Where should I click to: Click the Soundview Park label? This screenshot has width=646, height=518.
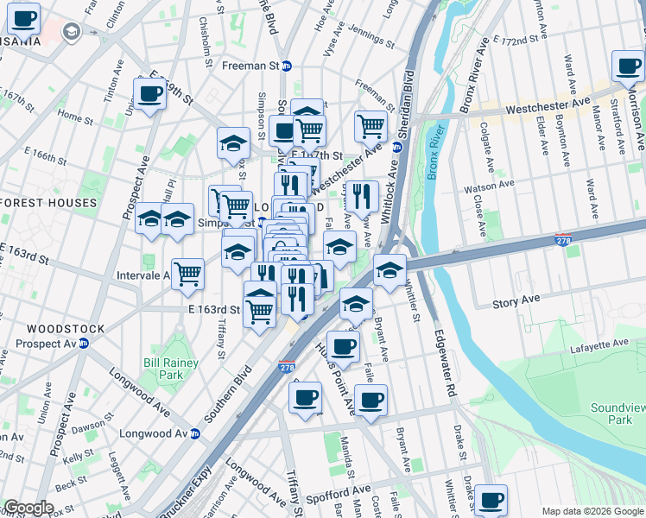click(x=611, y=414)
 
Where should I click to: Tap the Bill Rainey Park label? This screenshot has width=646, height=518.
click(x=164, y=369)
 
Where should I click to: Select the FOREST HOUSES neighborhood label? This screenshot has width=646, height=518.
click(x=49, y=203)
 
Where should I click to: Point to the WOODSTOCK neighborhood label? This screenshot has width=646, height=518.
click(x=66, y=329)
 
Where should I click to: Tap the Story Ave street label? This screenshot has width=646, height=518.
click(x=516, y=301)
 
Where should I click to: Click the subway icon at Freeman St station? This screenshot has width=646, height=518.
click(x=288, y=66)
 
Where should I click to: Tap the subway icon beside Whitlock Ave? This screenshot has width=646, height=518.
click(x=398, y=146)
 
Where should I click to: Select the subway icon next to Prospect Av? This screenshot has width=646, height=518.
click(x=84, y=343)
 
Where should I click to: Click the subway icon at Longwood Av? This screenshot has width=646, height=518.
click(x=196, y=433)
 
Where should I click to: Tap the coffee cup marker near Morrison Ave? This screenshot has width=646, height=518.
click(x=628, y=66)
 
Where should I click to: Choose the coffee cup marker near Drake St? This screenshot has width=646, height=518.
click(x=491, y=499)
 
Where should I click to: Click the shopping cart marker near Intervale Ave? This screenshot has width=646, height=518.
click(x=187, y=274)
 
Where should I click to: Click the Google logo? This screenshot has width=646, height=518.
click(x=28, y=508)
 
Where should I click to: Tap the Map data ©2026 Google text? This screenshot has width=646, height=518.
click(x=592, y=511)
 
